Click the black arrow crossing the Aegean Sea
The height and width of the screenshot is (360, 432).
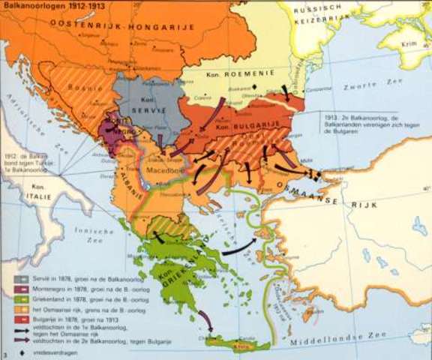(241, 247)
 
